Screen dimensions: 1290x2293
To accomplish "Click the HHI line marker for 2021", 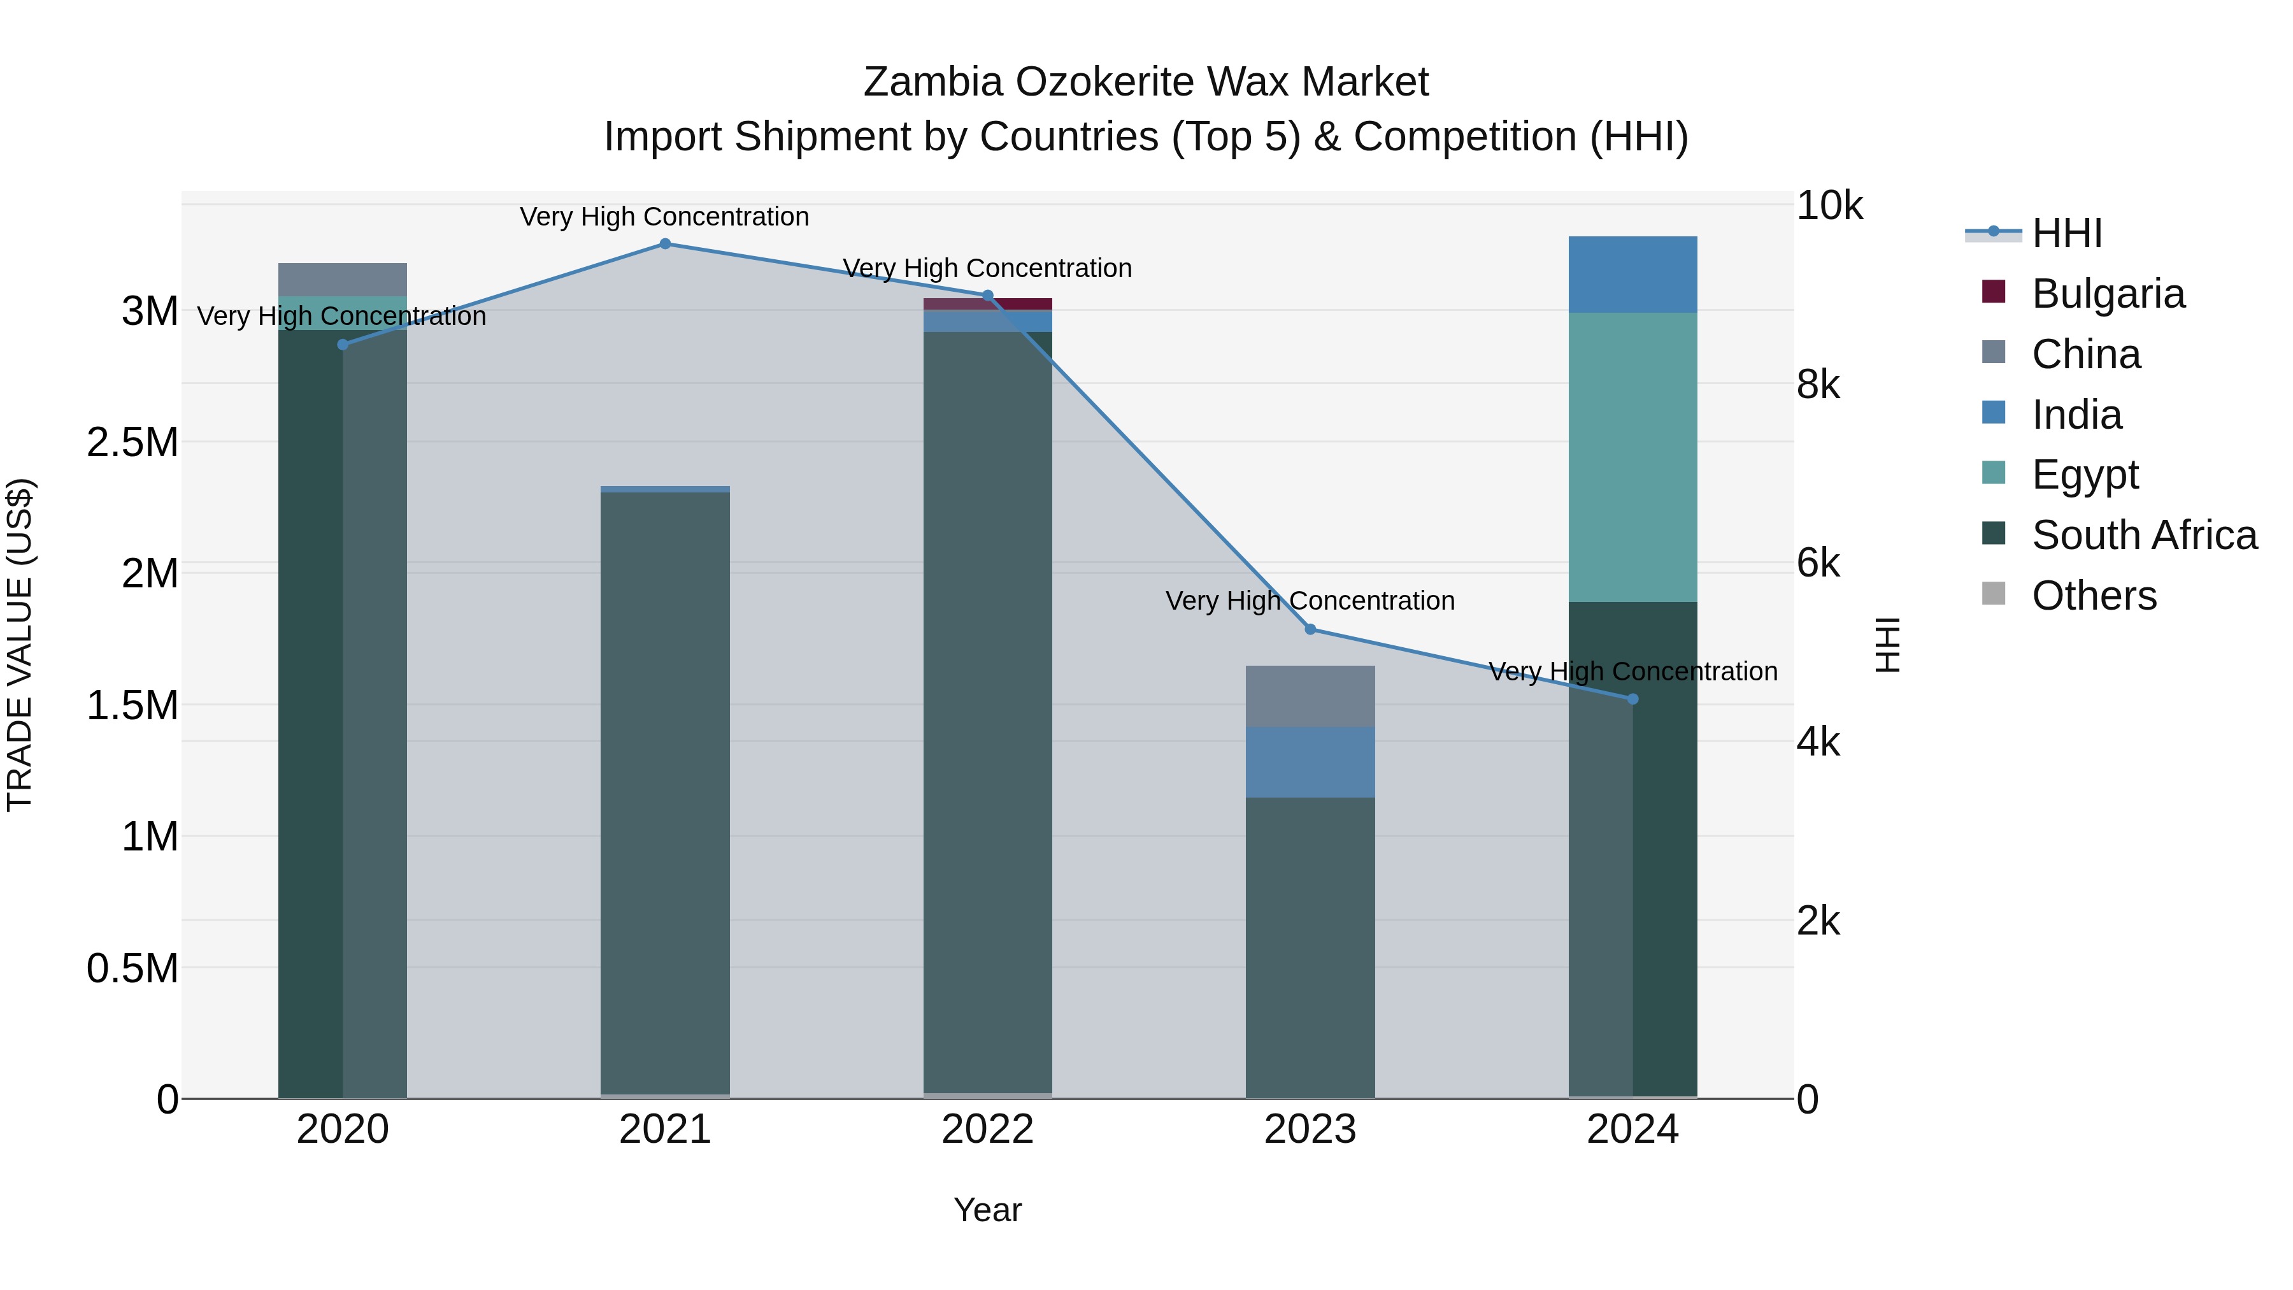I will [x=665, y=244].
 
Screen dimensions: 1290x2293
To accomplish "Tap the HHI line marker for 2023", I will [x=1310, y=629].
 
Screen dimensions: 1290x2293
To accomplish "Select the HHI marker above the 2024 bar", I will [x=1632, y=699].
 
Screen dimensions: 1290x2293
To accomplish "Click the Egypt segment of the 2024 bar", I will [x=1632, y=457].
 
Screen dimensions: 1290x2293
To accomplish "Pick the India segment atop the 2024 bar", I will [x=1632, y=274].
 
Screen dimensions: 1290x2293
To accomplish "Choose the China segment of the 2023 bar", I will [x=1310, y=696].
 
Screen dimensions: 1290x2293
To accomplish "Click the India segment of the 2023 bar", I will [x=1310, y=762].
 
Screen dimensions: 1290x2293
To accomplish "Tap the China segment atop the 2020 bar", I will [x=343, y=278].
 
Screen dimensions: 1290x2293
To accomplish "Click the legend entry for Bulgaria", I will [x=2107, y=294].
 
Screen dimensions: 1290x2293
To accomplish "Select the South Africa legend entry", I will [x=2143, y=535].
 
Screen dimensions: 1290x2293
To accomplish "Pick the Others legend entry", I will [x=2094, y=596].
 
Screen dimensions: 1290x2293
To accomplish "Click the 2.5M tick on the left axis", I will [x=132, y=443].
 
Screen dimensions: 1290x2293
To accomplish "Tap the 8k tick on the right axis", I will [x=1818, y=385].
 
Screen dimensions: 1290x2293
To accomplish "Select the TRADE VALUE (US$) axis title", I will [x=20, y=645].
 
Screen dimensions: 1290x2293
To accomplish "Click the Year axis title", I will [x=987, y=1210].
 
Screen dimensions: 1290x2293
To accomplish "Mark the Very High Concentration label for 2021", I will [x=664, y=217].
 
